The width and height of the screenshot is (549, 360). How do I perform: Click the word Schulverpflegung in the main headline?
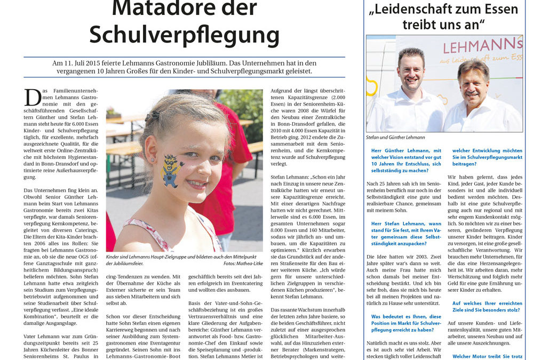(184, 35)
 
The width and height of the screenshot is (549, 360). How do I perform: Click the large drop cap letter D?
(33, 97)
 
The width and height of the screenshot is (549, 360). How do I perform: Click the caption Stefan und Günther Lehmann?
(395, 137)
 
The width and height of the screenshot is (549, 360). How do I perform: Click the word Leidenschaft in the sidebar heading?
(415, 9)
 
